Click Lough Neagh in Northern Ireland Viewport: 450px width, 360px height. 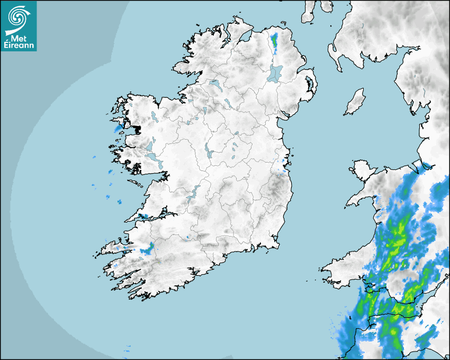(x=275, y=73)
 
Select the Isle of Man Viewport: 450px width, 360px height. (x=355, y=102)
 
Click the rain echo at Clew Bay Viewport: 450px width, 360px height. (x=118, y=128)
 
